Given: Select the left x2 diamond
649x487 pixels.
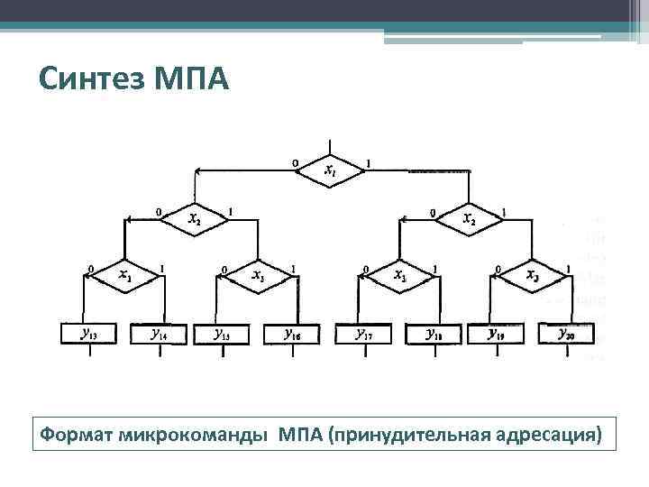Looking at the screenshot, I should tap(195, 219).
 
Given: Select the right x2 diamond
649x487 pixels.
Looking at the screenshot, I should tap(469, 219).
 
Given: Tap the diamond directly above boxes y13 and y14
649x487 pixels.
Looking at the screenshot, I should tap(124, 275).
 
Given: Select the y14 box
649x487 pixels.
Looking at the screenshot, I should tap(159, 335).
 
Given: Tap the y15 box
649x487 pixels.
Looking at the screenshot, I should tap(222, 335).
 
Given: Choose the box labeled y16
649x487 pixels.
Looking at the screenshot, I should tap(292, 335).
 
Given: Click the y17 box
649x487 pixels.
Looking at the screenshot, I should tap(364, 335).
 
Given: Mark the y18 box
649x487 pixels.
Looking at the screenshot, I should tap(434, 335).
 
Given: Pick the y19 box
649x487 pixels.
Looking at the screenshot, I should tap(497, 335).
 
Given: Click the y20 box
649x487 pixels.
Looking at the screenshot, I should tap(566, 335).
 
